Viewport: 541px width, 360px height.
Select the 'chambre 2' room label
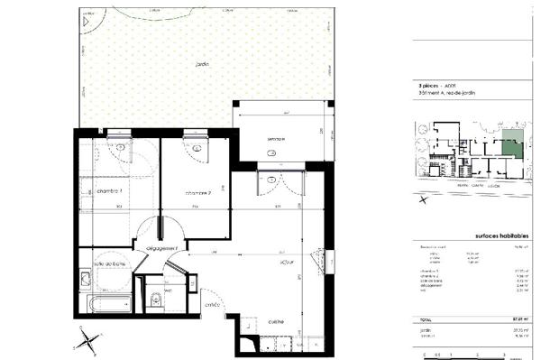tap(197, 193)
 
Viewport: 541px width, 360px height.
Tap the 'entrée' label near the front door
tap(213, 305)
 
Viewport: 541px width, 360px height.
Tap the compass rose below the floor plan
tap(87, 341)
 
